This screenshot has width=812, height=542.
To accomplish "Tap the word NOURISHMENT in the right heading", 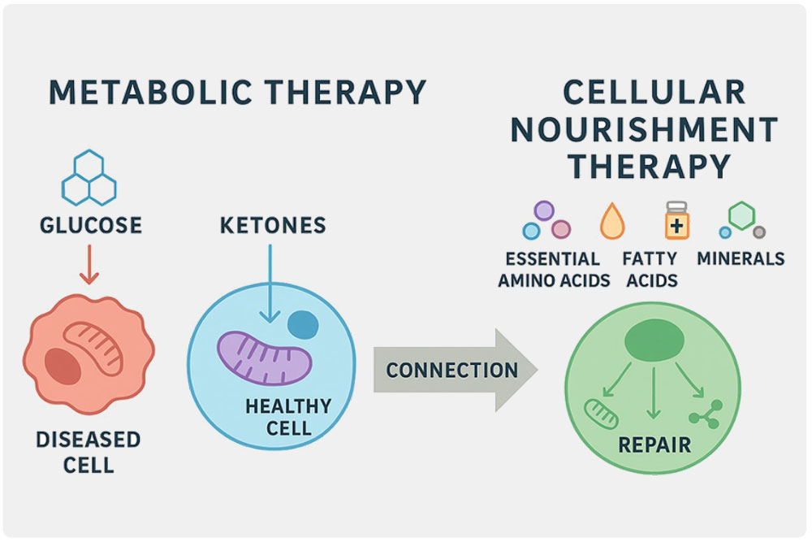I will (646, 130).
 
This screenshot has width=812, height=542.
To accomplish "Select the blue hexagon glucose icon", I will (89, 176).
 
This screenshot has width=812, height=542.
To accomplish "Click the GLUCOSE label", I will (90, 223).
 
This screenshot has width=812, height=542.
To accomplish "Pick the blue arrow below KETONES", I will (269, 288).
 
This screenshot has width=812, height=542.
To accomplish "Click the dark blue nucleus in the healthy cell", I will (304, 325).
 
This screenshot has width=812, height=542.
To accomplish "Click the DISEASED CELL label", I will (88, 453).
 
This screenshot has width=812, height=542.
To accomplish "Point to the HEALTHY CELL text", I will (288, 415).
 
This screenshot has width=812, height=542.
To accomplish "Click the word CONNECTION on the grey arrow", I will (451, 371).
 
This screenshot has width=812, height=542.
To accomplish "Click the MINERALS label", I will (741, 259).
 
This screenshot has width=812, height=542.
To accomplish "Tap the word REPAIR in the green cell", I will (654, 445).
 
